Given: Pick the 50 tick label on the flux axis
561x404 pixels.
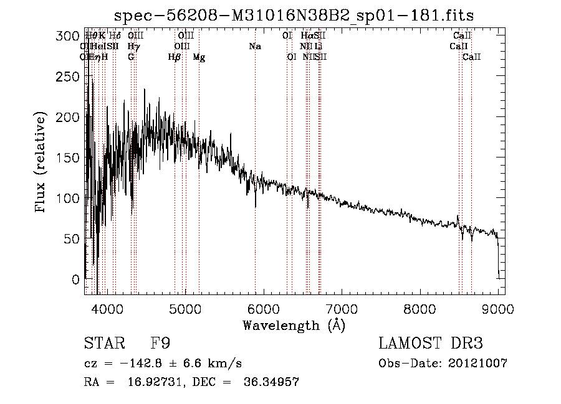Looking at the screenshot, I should tap(72, 239).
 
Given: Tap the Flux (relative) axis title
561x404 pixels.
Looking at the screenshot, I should tap(42, 162).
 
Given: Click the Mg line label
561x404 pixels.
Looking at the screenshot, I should tap(199, 57).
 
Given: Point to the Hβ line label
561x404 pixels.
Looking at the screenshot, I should tap(175, 57).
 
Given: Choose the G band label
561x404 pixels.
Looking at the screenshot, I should tap(131, 57).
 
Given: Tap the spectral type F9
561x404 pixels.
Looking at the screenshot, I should tap(161, 344).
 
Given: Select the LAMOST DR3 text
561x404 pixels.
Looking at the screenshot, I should tap(431, 344).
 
